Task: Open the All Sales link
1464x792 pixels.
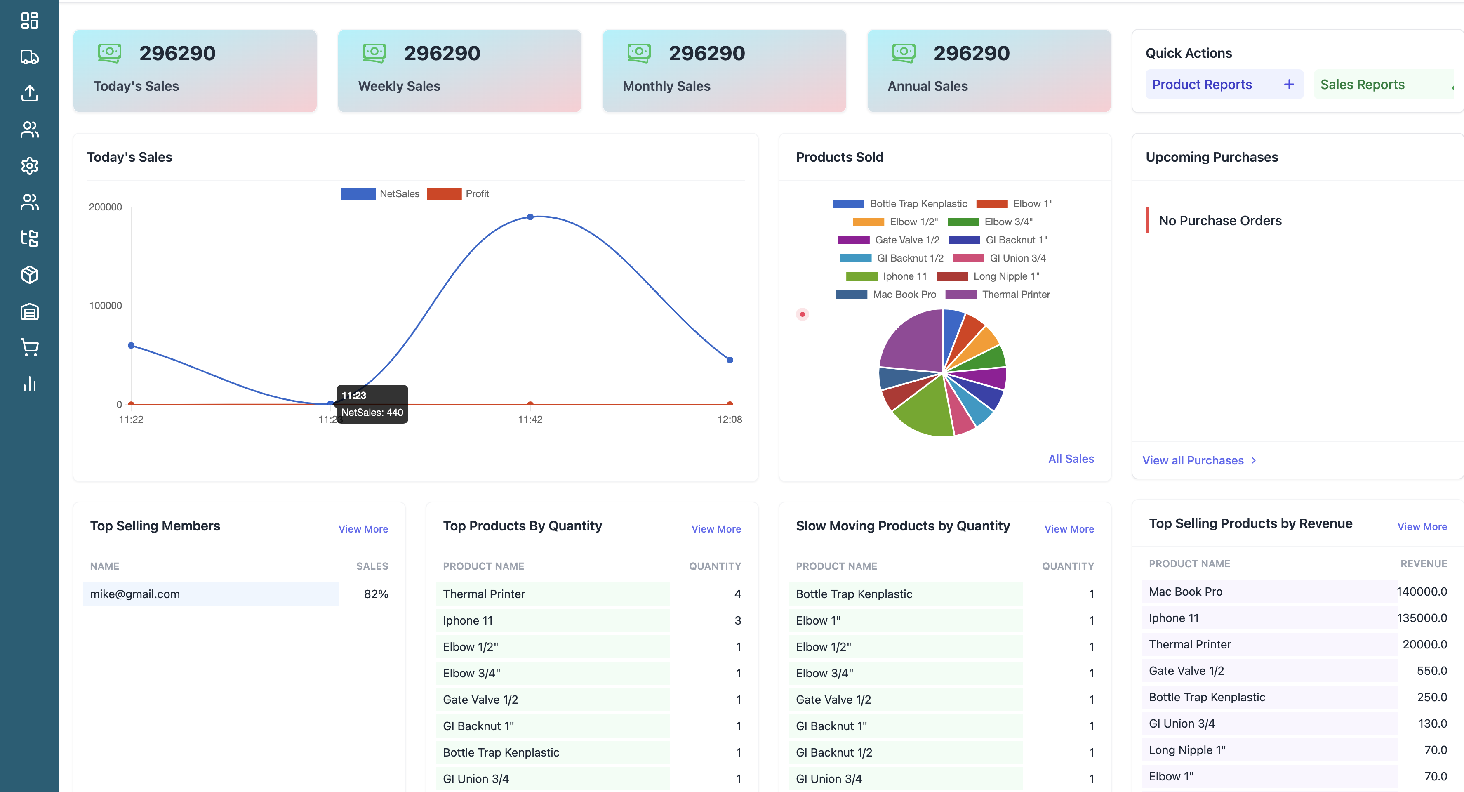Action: point(1071,459)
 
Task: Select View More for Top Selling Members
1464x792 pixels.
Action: point(363,529)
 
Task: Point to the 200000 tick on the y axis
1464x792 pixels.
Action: point(105,207)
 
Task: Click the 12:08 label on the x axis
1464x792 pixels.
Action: point(729,420)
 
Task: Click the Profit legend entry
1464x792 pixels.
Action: point(458,194)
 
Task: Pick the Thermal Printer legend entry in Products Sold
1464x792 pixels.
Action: point(998,295)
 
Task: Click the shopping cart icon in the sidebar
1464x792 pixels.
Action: point(30,347)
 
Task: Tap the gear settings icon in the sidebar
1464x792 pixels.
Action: point(30,166)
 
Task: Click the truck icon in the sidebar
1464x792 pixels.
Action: point(30,57)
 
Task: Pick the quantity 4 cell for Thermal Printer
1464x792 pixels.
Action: point(737,594)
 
